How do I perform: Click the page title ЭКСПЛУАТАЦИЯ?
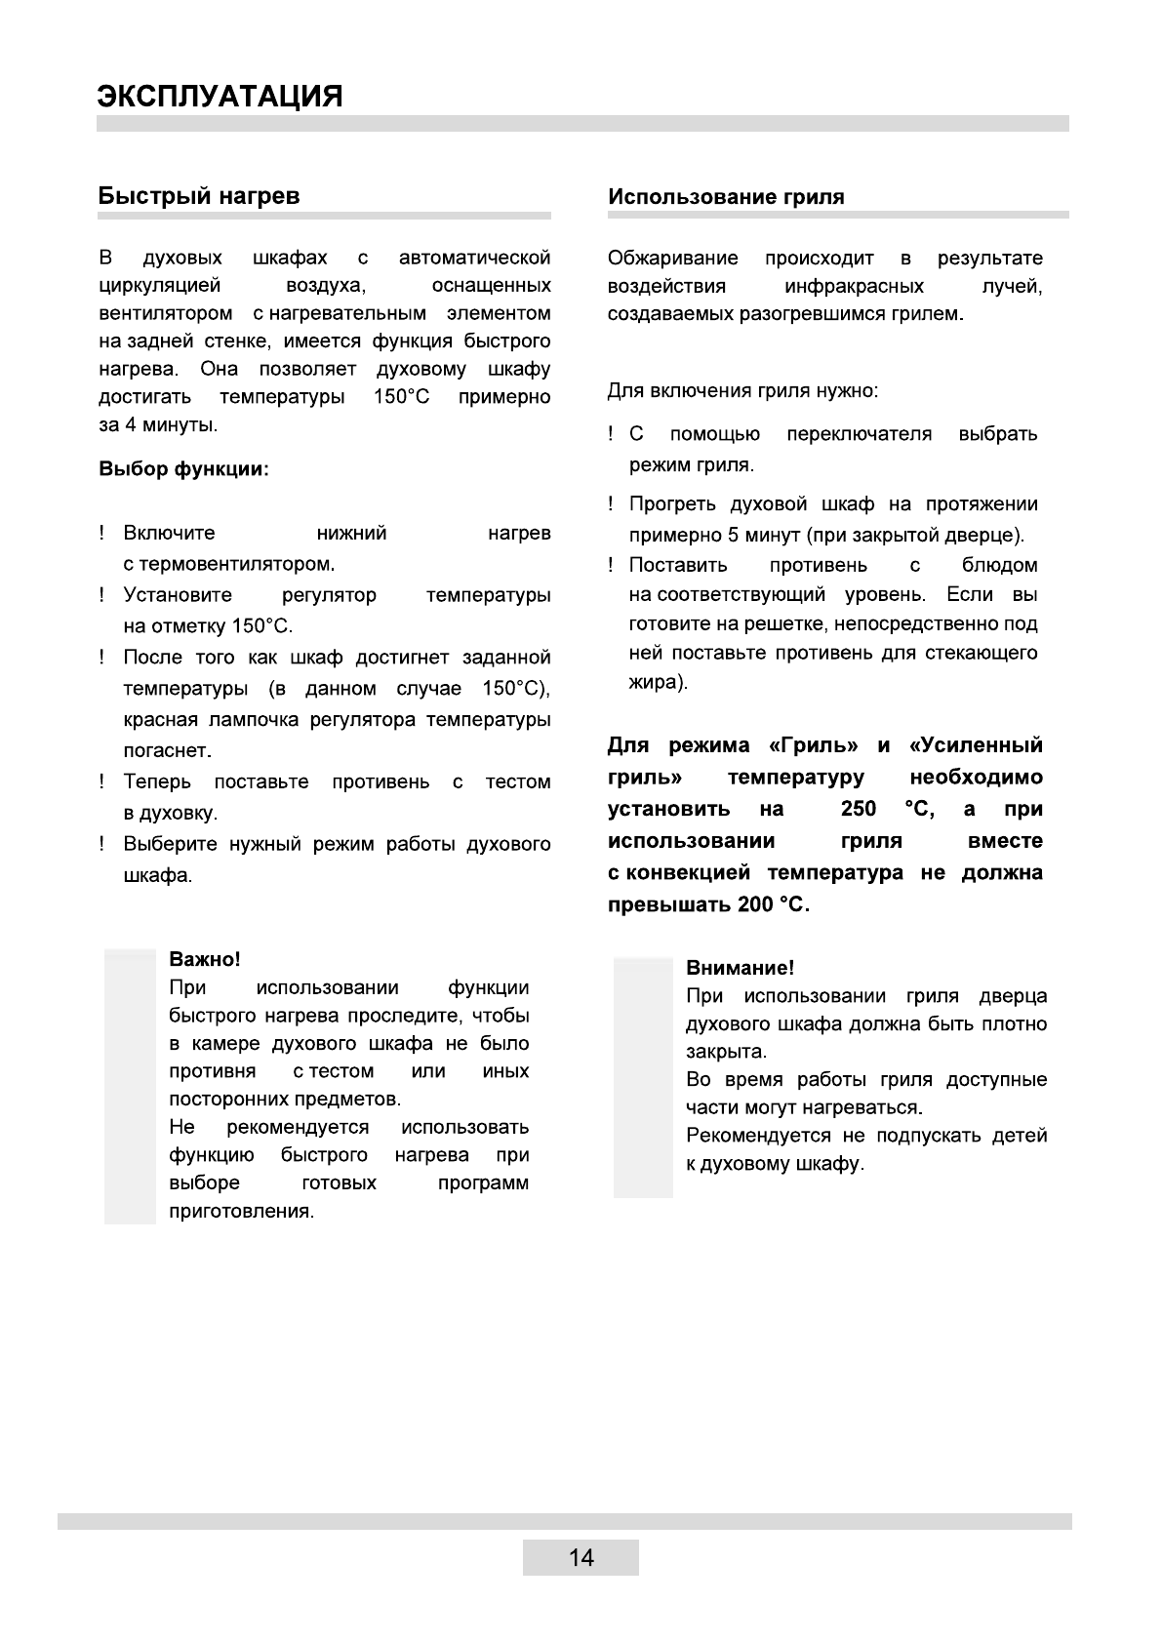220,97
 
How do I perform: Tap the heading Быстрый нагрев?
199,196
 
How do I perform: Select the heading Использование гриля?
726,197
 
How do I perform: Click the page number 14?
581,1557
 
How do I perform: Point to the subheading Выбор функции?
183,469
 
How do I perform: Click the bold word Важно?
205,960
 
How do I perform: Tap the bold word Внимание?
740,968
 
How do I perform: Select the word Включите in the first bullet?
169,534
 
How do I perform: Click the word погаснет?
167,751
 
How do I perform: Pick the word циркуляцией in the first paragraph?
160,286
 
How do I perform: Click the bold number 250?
858,810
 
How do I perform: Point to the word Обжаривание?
673,259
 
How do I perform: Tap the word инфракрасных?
854,287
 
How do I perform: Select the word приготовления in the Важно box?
242,1212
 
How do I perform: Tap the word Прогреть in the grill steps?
672,504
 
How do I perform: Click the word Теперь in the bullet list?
157,782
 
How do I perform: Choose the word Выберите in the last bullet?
170,845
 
